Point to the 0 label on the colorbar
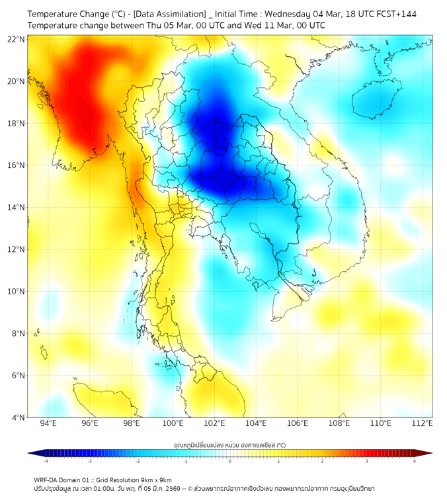[x=230, y=461]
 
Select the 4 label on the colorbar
[x=415, y=461]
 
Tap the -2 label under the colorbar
[x=137, y=461]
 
